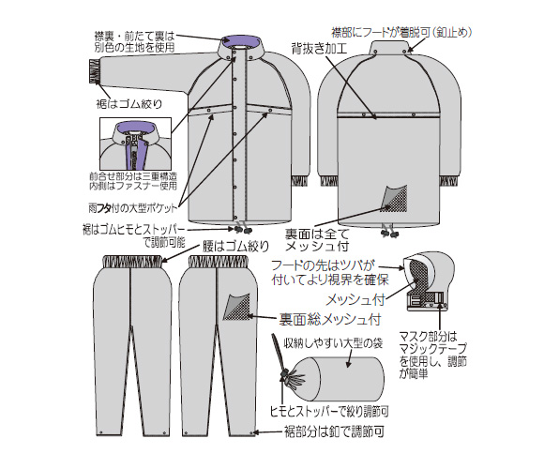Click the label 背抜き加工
[319, 48]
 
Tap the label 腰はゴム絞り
[236, 246]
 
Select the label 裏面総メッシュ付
[330, 320]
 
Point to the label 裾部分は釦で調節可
[335, 432]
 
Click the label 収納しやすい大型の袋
[333, 343]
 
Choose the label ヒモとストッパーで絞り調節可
[329, 412]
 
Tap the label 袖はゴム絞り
[129, 103]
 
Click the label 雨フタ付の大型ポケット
[132, 208]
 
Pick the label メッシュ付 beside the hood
[355, 300]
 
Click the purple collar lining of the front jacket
[241, 39]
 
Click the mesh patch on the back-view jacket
[395, 199]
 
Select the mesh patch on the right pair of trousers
[237, 307]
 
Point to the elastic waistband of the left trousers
[132, 261]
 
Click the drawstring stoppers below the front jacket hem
[242, 229]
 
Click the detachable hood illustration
[429, 282]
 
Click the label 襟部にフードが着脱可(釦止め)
[401, 32]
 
